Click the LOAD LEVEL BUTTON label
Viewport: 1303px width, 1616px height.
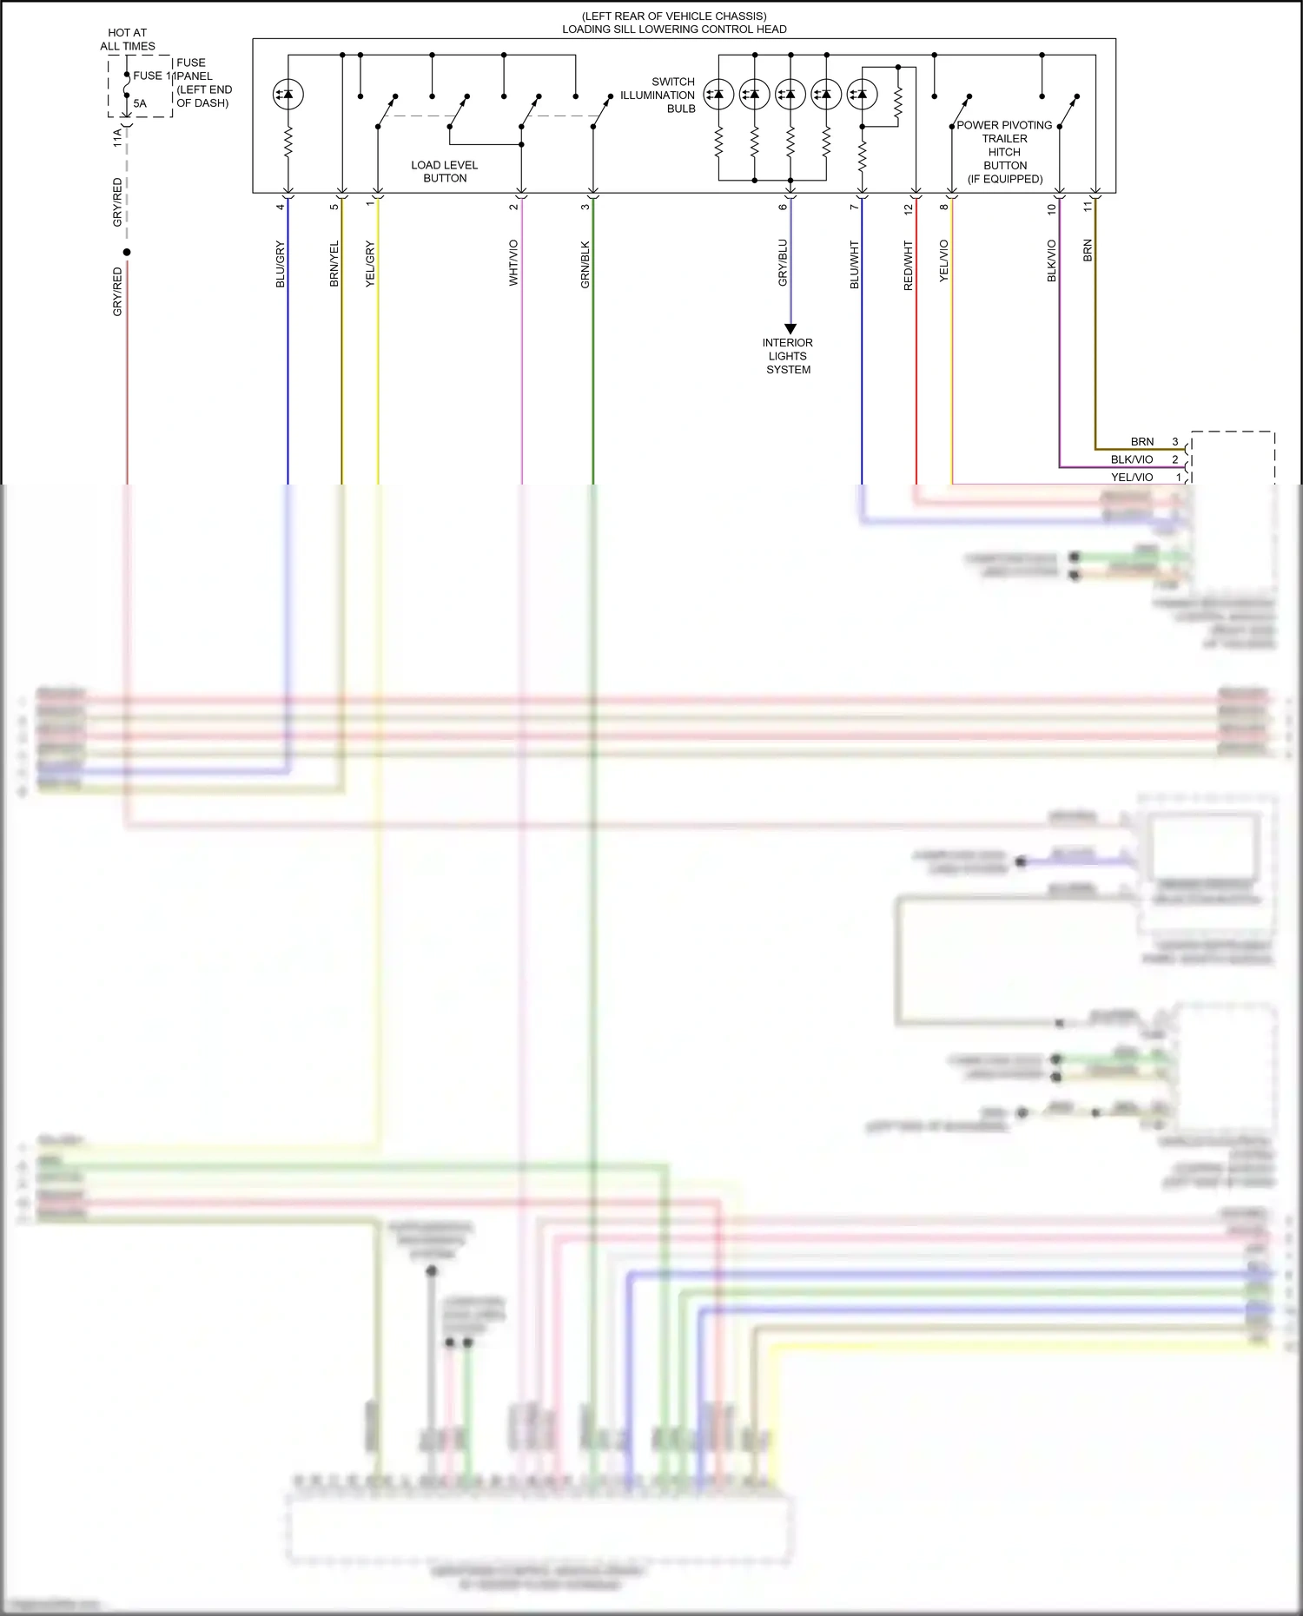tap(444, 171)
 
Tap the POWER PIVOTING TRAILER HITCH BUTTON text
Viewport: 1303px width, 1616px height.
tap(1005, 151)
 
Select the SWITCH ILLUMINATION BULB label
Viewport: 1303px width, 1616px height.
tap(658, 95)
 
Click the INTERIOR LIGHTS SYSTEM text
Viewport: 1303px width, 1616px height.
tap(788, 356)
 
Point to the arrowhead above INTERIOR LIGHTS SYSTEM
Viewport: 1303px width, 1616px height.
tap(790, 329)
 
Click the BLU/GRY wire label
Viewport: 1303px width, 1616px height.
tap(280, 264)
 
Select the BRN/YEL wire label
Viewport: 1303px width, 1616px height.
tap(334, 264)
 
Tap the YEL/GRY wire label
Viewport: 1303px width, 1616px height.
tap(370, 264)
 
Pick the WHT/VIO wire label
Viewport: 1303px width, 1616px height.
tap(513, 263)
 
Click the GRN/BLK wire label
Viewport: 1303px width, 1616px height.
tap(585, 264)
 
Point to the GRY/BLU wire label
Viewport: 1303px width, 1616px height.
tap(783, 263)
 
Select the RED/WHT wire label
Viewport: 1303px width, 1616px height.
tap(909, 265)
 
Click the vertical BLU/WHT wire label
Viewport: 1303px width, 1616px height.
tap(854, 265)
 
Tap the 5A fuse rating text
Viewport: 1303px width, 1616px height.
tap(140, 103)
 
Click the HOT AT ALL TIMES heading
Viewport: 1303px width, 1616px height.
tap(128, 39)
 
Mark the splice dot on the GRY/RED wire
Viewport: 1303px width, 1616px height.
tap(127, 253)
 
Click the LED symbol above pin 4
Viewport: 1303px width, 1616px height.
tap(288, 94)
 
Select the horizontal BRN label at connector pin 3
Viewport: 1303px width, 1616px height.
tap(1142, 442)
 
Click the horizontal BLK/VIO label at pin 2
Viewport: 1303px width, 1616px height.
tap(1132, 459)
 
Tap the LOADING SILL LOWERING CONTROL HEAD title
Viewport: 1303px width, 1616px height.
tap(674, 29)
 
